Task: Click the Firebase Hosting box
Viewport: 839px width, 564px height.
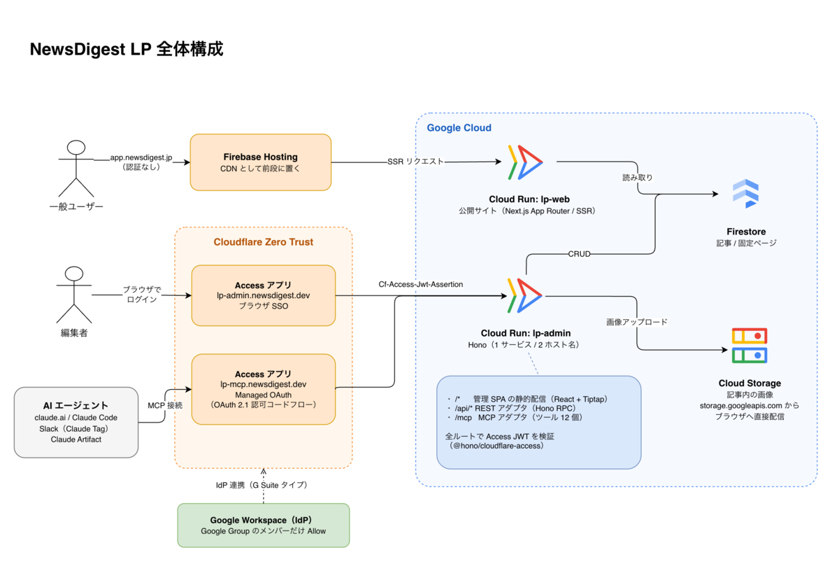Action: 261,162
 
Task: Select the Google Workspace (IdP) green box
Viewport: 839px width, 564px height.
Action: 264,525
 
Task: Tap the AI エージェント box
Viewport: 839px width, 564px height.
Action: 76,423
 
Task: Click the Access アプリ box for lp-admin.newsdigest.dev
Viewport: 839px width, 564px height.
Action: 264,295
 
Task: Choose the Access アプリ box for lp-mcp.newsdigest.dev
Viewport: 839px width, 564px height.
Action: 264,389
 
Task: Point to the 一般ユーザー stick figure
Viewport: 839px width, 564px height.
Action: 76,169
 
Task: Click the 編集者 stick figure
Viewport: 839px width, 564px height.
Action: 74,295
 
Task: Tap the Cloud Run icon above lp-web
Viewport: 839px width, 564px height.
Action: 525,162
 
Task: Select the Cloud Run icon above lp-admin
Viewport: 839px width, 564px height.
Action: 525,296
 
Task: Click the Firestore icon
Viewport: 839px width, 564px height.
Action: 746,193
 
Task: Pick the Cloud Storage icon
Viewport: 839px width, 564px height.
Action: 750,346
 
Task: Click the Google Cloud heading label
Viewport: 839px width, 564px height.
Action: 459,128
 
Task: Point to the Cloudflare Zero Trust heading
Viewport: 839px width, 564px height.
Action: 264,242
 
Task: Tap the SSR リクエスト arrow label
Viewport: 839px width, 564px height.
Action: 415,162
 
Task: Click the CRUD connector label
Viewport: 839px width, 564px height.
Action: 579,254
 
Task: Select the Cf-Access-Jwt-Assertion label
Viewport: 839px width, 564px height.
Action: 421,284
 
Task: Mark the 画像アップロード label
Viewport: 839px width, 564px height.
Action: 637,322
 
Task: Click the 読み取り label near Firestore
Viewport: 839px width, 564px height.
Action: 638,178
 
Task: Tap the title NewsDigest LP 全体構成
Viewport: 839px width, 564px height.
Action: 127,49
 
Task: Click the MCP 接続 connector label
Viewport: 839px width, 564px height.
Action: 165,405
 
